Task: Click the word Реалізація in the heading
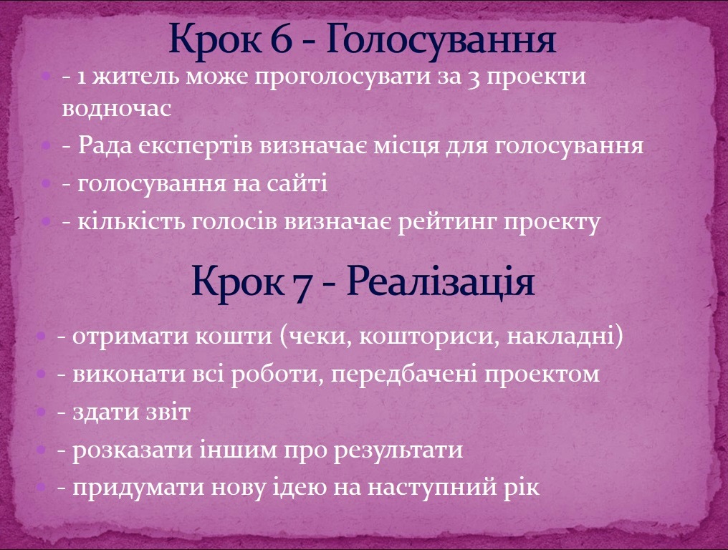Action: [x=441, y=281]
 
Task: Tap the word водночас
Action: [x=117, y=108]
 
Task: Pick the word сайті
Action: [x=297, y=183]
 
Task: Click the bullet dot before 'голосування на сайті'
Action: [x=46, y=184]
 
